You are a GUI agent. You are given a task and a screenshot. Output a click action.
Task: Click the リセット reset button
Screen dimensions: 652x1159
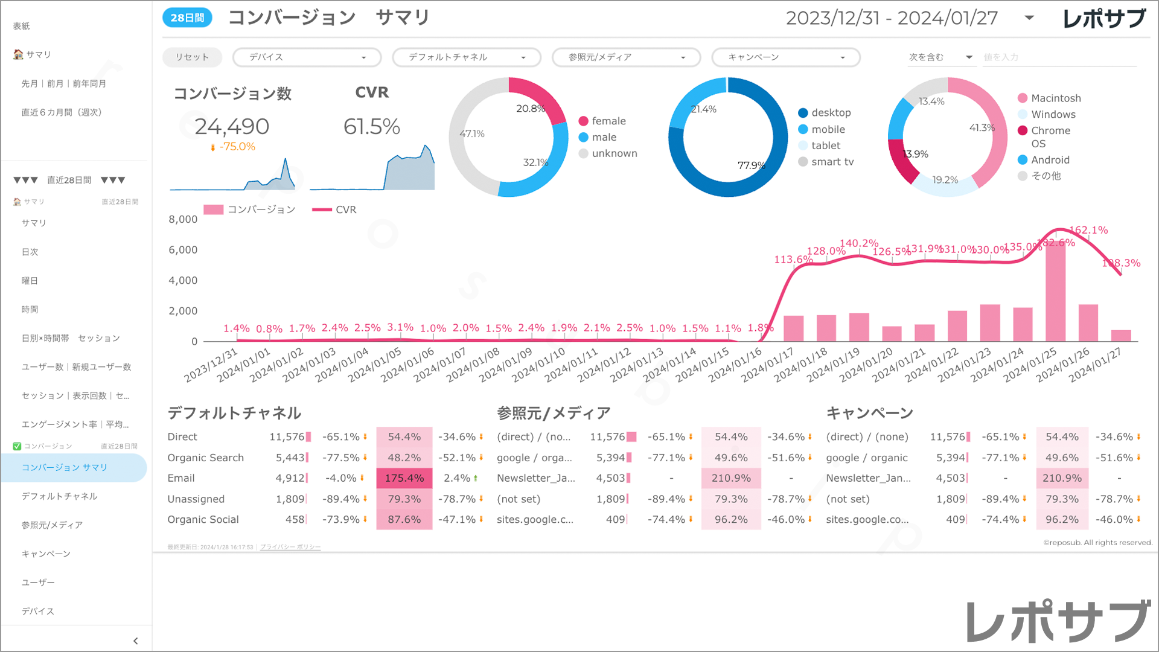click(x=192, y=57)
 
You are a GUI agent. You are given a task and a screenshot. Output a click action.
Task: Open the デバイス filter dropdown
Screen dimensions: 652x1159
click(x=307, y=57)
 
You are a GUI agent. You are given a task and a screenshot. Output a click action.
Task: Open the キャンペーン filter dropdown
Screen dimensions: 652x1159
click(x=786, y=57)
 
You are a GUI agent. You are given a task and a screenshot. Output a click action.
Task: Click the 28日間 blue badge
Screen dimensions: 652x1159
click(x=187, y=18)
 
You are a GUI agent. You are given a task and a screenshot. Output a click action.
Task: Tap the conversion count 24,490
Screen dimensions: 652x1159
click(x=232, y=127)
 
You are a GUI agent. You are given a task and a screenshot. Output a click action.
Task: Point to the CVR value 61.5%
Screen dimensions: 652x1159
click(x=372, y=127)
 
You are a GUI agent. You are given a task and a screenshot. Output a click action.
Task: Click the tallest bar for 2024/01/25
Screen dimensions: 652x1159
click(x=1055, y=290)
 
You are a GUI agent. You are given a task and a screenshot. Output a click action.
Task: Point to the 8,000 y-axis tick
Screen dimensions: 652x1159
click(x=183, y=219)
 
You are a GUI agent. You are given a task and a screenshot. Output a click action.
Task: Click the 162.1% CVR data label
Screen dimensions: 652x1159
click(x=1088, y=230)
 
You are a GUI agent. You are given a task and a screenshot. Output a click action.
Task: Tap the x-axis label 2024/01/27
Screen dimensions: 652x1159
click(x=1095, y=365)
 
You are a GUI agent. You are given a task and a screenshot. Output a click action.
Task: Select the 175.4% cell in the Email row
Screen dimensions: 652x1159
click(x=404, y=478)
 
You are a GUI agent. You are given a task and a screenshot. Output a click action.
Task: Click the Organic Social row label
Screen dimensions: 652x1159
click(x=203, y=520)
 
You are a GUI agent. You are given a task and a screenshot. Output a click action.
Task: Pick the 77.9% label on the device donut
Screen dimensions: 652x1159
click(x=752, y=165)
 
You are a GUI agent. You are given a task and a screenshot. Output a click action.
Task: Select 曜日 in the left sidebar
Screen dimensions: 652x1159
click(x=30, y=281)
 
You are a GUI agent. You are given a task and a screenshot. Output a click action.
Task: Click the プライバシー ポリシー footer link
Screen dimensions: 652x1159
click(x=290, y=547)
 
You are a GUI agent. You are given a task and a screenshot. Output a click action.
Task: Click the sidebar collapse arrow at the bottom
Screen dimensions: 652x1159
click(x=135, y=641)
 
